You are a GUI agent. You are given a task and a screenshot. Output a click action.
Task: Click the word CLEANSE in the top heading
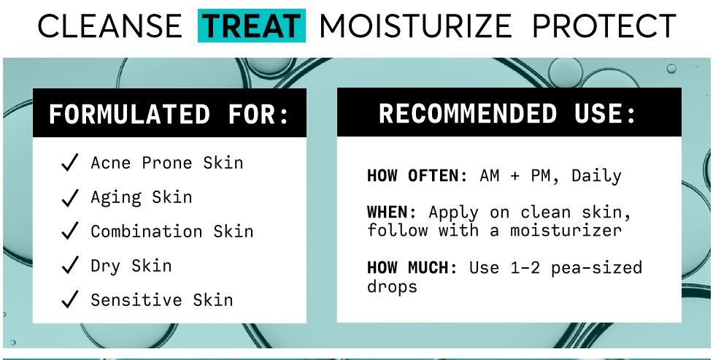(x=109, y=26)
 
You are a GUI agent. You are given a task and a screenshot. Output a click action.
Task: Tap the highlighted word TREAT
(x=252, y=26)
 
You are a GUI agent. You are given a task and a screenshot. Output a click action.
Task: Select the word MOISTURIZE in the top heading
(x=416, y=26)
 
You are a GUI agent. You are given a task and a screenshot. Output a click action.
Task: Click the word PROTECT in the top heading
(x=604, y=26)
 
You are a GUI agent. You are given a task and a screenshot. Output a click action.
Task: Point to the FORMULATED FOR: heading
(x=169, y=115)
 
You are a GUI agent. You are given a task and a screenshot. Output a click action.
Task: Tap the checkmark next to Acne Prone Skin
(x=70, y=163)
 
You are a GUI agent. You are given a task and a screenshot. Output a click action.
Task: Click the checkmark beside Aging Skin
(x=70, y=197)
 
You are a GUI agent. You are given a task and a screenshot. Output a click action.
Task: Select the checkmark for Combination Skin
(x=70, y=231)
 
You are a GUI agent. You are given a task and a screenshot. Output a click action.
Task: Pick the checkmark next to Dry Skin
(x=70, y=266)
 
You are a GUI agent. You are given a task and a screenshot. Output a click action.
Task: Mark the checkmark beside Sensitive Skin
(x=70, y=299)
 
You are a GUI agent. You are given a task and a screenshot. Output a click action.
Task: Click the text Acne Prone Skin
(x=166, y=162)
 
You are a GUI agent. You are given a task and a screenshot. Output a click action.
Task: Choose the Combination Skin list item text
(x=171, y=231)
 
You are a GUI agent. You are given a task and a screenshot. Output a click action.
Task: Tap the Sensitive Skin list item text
(x=161, y=299)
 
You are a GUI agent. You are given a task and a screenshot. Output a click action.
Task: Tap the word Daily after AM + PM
(x=596, y=176)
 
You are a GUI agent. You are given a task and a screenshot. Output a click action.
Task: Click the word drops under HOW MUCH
(x=392, y=286)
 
